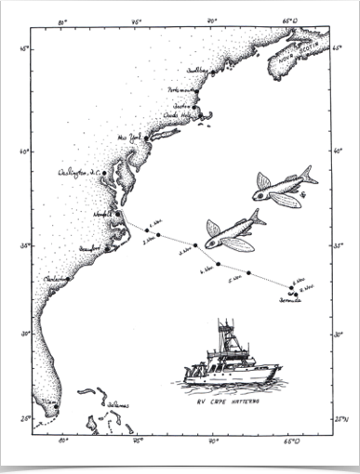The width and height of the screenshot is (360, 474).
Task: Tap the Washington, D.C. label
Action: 78,172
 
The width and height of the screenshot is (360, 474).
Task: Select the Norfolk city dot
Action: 117,214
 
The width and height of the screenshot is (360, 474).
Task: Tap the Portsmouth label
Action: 183,90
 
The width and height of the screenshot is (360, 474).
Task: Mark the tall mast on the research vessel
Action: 221,331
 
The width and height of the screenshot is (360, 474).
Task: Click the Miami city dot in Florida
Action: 56,406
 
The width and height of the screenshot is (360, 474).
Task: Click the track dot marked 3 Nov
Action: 159,235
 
